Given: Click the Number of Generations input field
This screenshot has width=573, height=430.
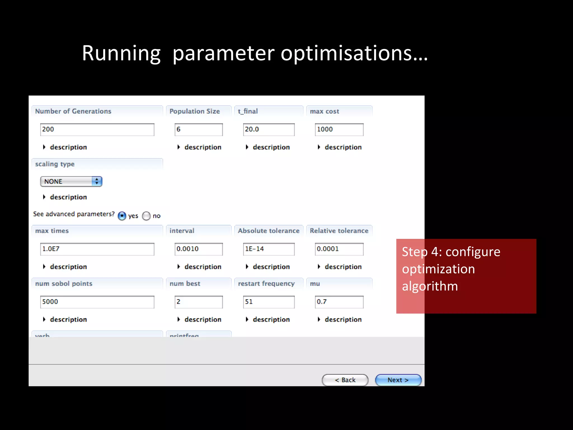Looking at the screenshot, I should (x=97, y=130).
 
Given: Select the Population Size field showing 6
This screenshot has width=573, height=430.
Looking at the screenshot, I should (x=199, y=130).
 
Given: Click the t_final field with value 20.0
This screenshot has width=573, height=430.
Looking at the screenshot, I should (x=269, y=130).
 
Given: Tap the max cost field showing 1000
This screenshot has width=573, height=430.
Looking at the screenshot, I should (x=339, y=130).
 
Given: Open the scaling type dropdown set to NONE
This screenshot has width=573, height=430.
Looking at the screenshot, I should (x=71, y=181).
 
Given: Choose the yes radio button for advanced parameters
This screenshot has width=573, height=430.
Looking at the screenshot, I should (x=122, y=216).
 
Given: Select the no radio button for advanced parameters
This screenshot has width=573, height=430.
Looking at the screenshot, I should (x=146, y=216).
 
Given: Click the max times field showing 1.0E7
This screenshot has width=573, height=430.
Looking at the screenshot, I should (x=97, y=249).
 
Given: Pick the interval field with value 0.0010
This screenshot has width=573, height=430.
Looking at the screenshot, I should (x=199, y=249).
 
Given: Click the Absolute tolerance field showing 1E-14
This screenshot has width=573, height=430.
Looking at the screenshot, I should (x=269, y=249).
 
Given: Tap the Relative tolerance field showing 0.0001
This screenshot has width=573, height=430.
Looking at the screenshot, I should (x=339, y=249).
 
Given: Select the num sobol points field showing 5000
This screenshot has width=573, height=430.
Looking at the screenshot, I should (x=97, y=302).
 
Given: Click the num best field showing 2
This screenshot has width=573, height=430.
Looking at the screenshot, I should (x=199, y=302).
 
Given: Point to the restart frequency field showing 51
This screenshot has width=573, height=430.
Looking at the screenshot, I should (x=269, y=302).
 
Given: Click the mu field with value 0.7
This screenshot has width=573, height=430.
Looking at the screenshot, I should (x=339, y=302).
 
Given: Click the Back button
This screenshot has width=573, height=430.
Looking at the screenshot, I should (x=345, y=380).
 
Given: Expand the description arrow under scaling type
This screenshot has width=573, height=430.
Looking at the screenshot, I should (x=44, y=197).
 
